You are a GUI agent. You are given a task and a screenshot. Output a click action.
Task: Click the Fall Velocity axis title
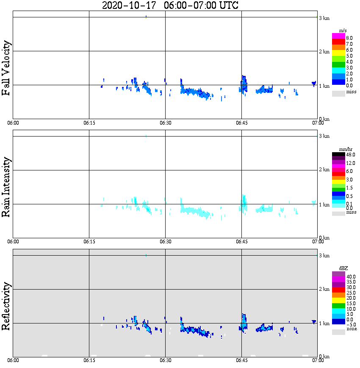click(x=6, y=68)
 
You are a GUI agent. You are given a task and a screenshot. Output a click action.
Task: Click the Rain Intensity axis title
click(x=6, y=187)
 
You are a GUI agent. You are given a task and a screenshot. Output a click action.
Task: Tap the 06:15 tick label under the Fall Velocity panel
click(x=89, y=123)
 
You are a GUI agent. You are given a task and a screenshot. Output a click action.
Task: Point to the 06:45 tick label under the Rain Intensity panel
click(x=241, y=242)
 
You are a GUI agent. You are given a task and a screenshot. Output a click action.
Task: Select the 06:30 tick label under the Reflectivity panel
click(x=165, y=360)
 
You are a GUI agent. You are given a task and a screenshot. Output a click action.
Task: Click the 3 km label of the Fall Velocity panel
click(x=324, y=18)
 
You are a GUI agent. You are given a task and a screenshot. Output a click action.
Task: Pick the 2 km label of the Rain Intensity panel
click(x=324, y=170)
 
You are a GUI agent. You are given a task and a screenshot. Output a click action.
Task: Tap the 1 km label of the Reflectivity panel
click(x=324, y=324)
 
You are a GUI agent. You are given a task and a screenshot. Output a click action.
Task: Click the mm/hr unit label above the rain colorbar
click(x=343, y=150)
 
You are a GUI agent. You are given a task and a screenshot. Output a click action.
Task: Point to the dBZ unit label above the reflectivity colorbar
click(x=343, y=268)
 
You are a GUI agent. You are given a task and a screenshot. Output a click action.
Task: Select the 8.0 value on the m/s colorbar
click(x=349, y=38)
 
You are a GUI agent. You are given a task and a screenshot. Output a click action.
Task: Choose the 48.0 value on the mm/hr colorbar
click(x=350, y=155)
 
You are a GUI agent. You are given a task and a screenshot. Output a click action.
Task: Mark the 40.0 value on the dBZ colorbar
click(x=350, y=276)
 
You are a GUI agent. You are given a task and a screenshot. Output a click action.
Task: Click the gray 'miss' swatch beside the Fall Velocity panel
click(x=338, y=93)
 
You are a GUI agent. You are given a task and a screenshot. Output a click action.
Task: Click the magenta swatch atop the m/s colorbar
click(x=338, y=36)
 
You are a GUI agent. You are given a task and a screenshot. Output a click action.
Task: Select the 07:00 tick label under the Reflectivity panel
click(x=318, y=360)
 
